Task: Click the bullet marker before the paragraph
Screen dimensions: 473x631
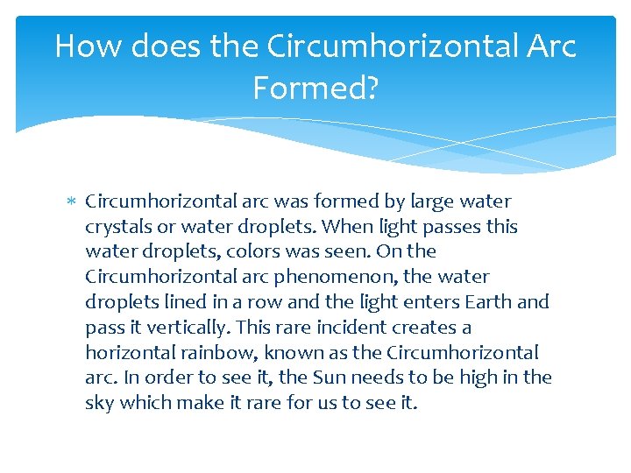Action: tap(73, 202)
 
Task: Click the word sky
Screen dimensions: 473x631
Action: tap(99, 404)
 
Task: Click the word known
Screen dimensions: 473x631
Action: tap(280, 353)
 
